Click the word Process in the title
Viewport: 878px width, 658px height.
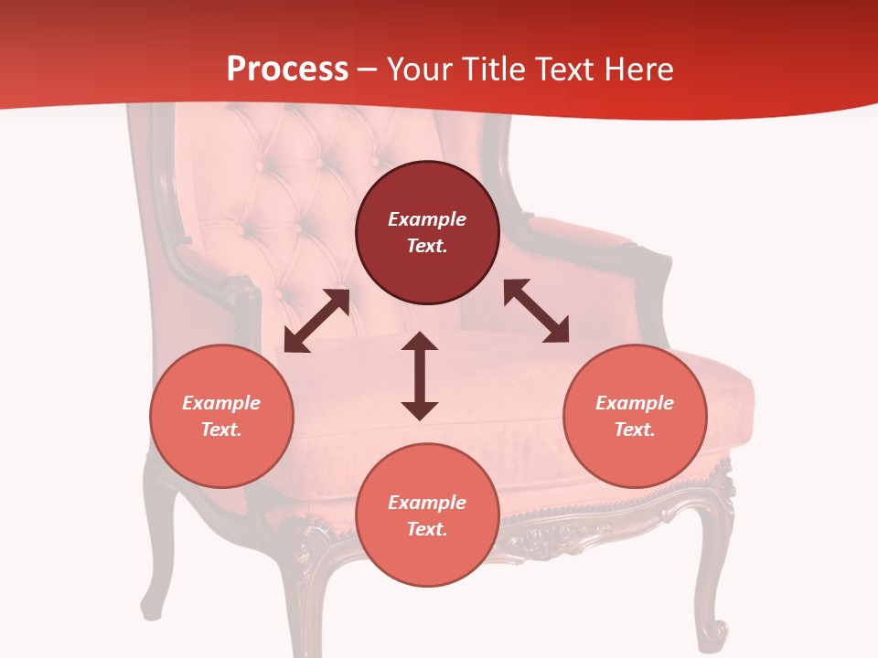click(x=287, y=69)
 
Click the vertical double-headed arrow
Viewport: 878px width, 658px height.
click(x=420, y=376)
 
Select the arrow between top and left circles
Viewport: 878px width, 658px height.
click(x=316, y=321)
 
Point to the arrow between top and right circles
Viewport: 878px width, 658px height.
click(x=536, y=311)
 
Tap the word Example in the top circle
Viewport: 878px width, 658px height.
click(x=427, y=219)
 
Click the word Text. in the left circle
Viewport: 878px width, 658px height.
click(x=221, y=430)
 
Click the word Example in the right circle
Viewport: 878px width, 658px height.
click(x=635, y=403)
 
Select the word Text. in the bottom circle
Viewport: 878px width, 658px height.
click(x=427, y=529)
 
